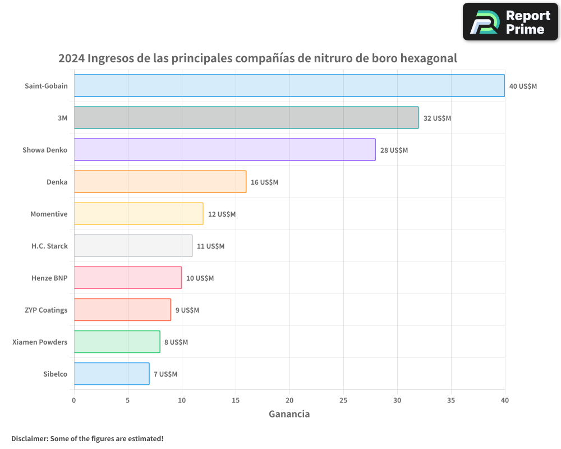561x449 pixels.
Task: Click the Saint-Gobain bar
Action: click(289, 86)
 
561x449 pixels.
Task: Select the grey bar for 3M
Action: click(246, 118)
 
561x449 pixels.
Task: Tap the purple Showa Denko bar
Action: click(224, 150)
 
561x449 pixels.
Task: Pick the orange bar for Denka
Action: click(160, 182)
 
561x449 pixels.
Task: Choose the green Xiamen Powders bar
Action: click(117, 342)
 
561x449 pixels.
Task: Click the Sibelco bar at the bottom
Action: click(112, 374)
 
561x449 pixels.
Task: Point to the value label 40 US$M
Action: click(523, 86)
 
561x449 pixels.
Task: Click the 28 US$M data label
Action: click(394, 150)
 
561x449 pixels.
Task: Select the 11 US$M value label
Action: click(210, 246)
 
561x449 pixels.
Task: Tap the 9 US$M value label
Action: click(187, 310)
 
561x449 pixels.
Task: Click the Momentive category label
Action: click(49, 214)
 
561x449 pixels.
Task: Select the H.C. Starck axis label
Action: click(49, 246)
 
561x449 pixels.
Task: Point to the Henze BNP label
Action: click(49, 278)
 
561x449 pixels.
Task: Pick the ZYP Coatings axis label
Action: click(46, 310)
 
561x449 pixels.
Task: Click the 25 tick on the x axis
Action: click(343, 400)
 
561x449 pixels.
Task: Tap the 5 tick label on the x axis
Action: click(128, 400)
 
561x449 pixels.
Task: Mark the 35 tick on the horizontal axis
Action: click(451, 400)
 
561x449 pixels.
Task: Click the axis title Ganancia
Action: click(289, 414)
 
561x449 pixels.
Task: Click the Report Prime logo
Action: click(511, 22)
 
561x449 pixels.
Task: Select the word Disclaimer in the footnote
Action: click(29, 438)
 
